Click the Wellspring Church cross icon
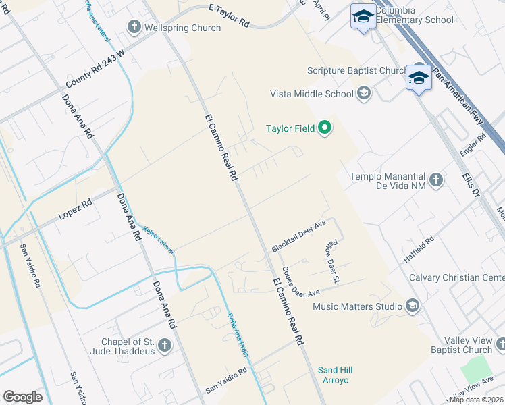(133, 28)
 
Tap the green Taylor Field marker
(325, 128)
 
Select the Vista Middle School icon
(364, 93)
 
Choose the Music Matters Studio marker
(412, 306)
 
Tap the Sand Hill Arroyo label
(336, 375)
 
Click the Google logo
(22, 396)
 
